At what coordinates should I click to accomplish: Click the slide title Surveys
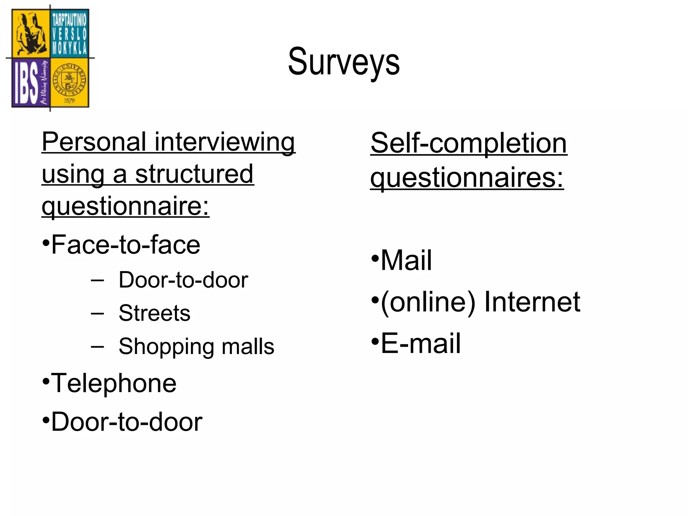(344, 62)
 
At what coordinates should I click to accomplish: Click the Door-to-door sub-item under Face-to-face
(183, 280)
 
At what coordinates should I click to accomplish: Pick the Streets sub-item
(154, 313)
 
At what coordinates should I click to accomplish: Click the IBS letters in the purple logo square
(26, 84)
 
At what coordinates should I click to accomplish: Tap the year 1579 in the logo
(69, 100)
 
